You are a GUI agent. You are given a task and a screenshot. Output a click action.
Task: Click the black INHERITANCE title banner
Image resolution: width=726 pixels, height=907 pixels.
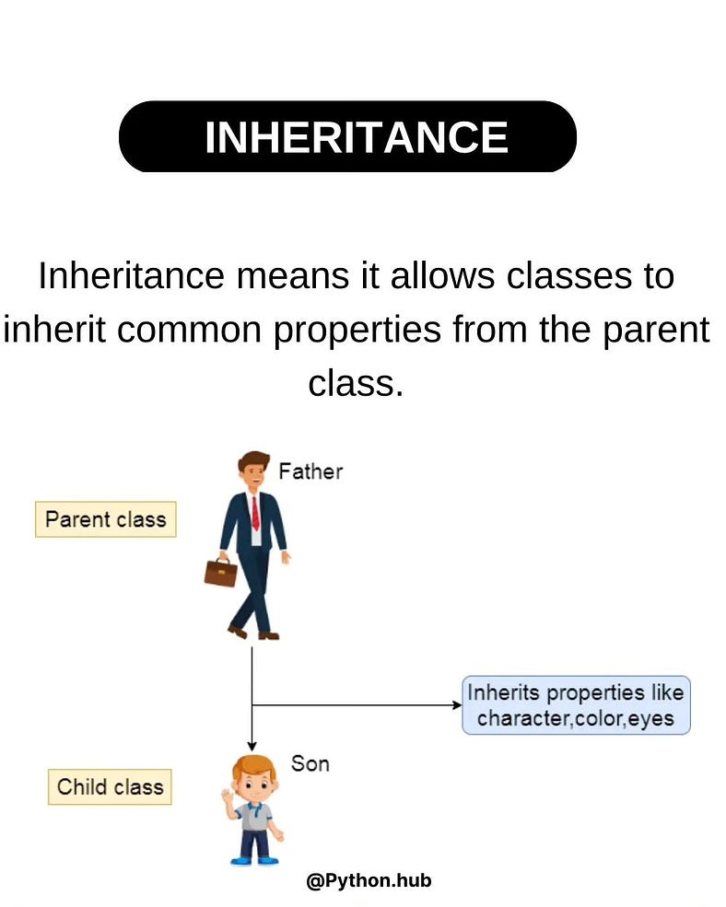pyautogui.click(x=347, y=136)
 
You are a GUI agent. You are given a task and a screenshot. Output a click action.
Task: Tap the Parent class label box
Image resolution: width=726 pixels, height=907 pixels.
pyautogui.click(x=105, y=519)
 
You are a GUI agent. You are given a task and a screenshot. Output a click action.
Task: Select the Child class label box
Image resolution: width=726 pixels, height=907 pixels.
pyautogui.click(x=110, y=786)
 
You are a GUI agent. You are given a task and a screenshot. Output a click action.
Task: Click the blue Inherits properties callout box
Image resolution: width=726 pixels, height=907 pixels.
pyautogui.click(x=576, y=705)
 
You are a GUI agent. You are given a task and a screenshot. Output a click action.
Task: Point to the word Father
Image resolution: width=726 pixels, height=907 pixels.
pyautogui.click(x=310, y=471)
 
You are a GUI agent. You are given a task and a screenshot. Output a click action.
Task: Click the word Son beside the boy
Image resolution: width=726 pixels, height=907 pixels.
pyautogui.click(x=310, y=763)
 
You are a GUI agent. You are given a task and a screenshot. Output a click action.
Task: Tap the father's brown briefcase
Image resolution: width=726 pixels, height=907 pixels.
pyautogui.click(x=220, y=572)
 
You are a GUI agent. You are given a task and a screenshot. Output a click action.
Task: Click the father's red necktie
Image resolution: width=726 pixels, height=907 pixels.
pyautogui.click(x=255, y=513)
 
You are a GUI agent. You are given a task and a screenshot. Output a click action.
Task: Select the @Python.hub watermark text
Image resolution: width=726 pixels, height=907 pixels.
pyautogui.click(x=369, y=880)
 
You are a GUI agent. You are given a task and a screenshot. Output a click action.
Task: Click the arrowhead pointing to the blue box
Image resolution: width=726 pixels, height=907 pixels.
pyautogui.click(x=457, y=705)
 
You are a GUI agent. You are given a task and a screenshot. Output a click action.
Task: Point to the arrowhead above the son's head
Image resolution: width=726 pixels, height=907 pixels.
pyautogui.click(x=252, y=746)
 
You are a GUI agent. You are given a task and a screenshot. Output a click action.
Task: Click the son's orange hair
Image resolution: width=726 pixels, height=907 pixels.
pyautogui.click(x=253, y=764)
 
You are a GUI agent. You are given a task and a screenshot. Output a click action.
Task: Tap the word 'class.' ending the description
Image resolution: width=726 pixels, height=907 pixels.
pyautogui.click(x=356, y=383)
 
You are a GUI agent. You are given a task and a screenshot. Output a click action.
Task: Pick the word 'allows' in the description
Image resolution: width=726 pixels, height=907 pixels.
pyautogui.click(x=442, y=276)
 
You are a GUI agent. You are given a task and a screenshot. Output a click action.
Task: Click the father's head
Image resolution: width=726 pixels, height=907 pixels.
pyautogui.click(x=253, y=471)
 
